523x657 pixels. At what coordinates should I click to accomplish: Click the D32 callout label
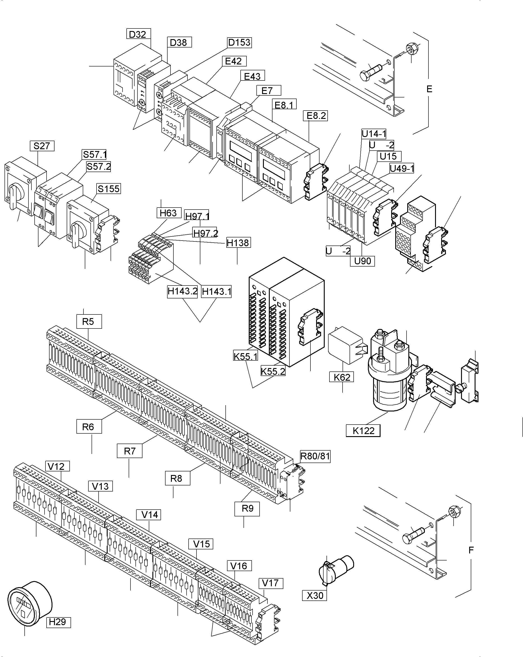click(138, 34)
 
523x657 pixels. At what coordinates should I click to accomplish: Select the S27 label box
click(42, 146)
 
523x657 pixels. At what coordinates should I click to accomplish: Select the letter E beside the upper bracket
click(429, 89)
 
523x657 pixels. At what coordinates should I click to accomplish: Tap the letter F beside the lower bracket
click(471, 550)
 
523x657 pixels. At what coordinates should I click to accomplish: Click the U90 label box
click(362, 261)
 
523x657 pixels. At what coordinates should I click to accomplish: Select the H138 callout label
click(238, 243)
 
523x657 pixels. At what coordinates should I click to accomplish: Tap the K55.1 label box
click(246, 356)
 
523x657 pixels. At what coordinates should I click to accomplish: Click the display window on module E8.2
click(274, 169)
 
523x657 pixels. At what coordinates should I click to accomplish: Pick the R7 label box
click(130, 451)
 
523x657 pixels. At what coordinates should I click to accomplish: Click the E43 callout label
click(252, 76)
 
